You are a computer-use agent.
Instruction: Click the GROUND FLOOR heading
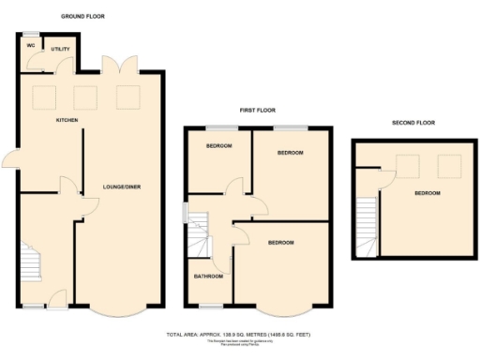[83, 17]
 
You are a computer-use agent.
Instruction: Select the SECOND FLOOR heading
[412, 123]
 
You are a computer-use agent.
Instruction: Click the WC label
[31, 44]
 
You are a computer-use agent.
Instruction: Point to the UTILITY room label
[61, 50]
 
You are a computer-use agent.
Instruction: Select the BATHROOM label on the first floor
[208, 277]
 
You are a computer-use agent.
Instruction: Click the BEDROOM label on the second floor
[427, 193]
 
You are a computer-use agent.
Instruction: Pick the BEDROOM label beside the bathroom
[281, 243]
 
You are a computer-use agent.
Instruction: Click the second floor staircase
[367, 229]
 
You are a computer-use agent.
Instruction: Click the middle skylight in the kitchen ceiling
[85, 97]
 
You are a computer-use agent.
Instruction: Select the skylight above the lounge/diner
[127, 97]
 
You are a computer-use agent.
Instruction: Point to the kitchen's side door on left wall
[11, 161]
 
